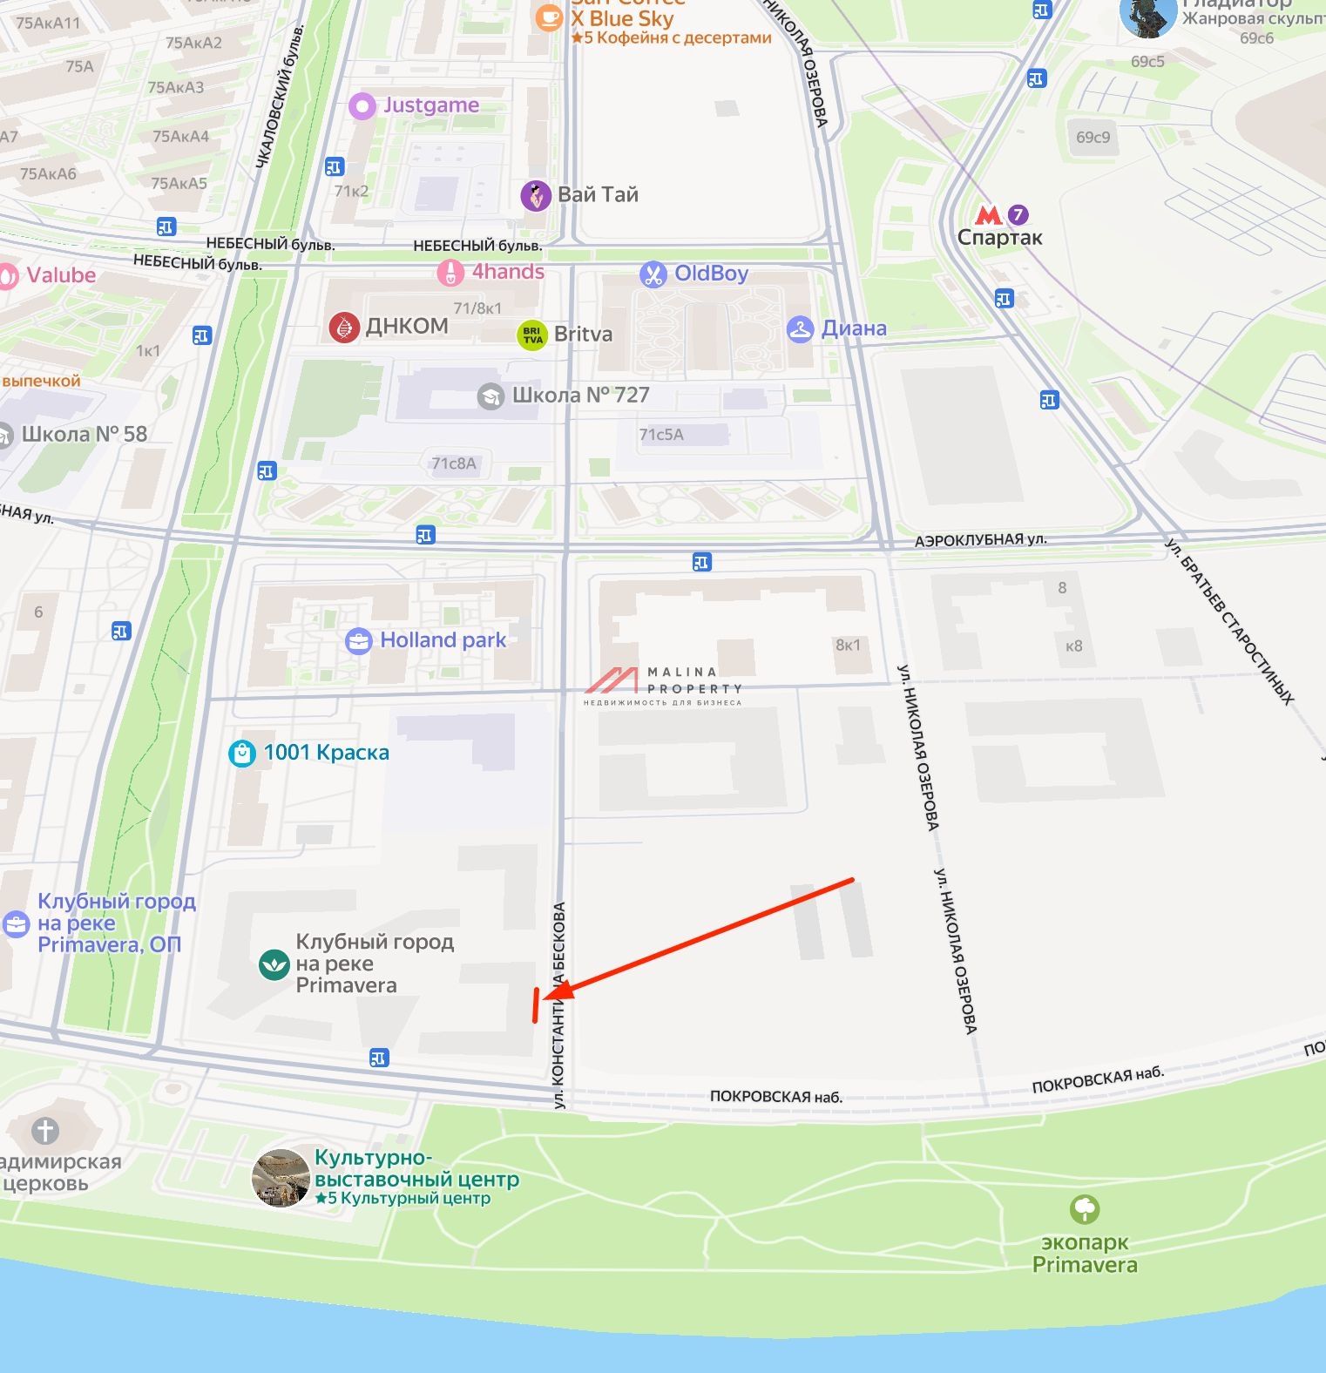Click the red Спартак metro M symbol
[989, 214]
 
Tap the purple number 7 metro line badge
[1018, 214]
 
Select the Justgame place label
[431, 105]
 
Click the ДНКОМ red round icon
[344, 327]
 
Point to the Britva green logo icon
[532, 335]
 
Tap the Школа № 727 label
[580, 396]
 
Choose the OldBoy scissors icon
[653, 274]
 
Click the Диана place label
[854, 328]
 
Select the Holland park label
[443, 640]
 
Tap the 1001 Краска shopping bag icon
[241, 753]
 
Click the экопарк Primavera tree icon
[1085, 1209]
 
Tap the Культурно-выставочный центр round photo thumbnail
[281, 1179]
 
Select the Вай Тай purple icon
[536, 196]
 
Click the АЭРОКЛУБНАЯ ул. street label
[980, 540]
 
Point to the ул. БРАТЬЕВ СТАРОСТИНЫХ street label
[1229, 621]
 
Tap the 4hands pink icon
[450, 274]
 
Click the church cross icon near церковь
[45, 1131]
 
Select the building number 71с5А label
[661, 435]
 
